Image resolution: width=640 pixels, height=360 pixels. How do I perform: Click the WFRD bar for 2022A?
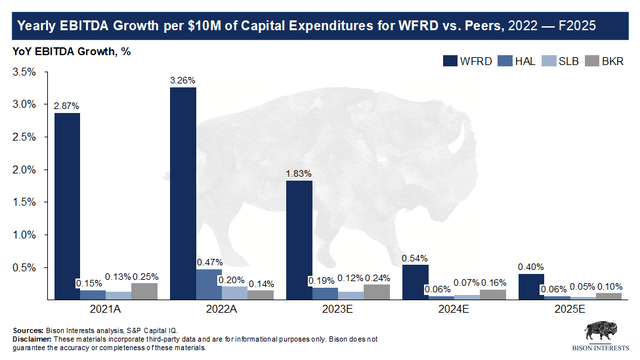(x=183, y=193)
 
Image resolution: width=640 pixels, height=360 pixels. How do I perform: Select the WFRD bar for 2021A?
(x=67, y=206)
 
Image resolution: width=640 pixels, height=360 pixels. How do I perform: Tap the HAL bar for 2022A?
(x=209, y=284)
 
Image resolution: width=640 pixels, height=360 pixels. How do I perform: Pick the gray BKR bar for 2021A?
(x=144, y=291)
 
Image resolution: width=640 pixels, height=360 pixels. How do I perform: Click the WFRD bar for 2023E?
(x=299, y=240)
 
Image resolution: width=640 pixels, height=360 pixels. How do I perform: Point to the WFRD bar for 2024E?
(x=416, y=282)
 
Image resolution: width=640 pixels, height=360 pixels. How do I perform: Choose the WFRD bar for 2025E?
(x=531, y=287)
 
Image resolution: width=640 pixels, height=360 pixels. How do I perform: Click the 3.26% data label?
(x=183, y=80)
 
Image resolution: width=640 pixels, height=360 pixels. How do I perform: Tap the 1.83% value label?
(x=299, y=173)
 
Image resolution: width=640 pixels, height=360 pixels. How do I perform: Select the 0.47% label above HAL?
(x=210, y=262)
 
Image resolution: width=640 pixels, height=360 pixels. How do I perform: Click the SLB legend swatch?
(x=549, y=61)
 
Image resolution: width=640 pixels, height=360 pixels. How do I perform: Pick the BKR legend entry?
(x=604, y=61)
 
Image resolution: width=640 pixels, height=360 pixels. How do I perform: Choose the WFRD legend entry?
(x=468, y=61)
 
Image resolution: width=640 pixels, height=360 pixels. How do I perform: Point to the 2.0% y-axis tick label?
(x=24, y=170)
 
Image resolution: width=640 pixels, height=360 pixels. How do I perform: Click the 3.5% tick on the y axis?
(x=24, y=72)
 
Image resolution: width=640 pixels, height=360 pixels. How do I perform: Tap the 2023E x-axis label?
(x=337, y=309)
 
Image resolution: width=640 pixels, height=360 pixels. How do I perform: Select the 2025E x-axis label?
(x=569, y=309)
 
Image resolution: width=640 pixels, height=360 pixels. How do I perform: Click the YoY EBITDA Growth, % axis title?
(x=71, y=51)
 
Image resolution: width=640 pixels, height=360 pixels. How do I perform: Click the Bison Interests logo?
(x=601, y=336)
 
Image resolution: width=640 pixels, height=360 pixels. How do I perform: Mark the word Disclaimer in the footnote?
(x=32, y=339)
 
